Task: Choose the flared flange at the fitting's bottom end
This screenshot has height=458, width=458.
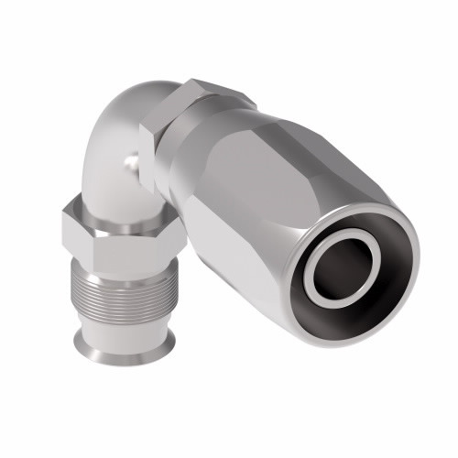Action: point(114,343)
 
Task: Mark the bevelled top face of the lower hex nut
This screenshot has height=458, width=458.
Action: point(114,203)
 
